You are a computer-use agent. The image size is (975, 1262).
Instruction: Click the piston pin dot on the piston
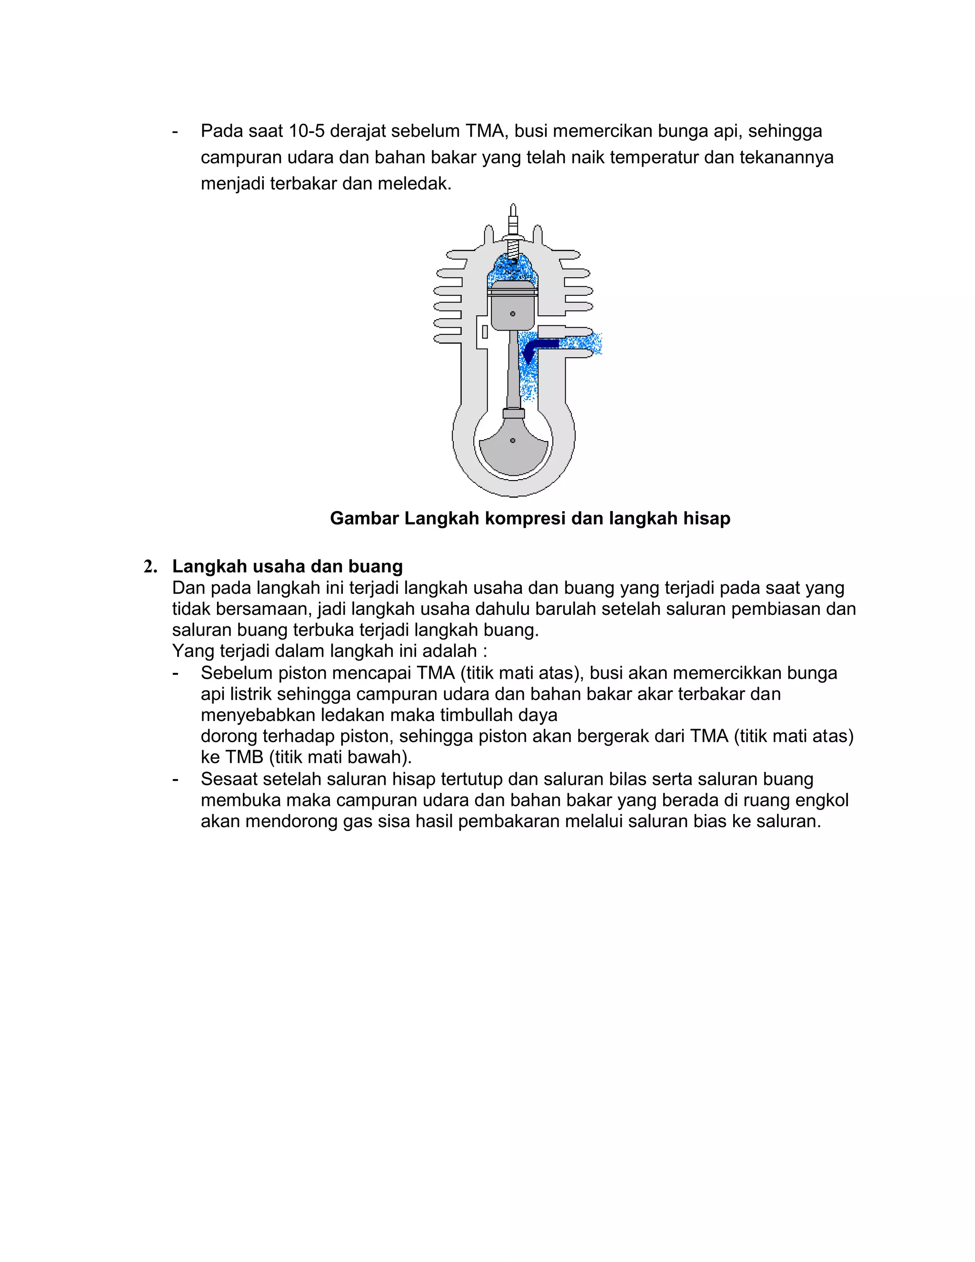point(512,314)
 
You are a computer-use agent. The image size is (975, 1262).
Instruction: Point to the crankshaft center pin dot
point(512,441)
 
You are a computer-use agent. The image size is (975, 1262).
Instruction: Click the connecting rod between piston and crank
point(513,370)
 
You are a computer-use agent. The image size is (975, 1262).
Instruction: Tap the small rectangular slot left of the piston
point(485,331)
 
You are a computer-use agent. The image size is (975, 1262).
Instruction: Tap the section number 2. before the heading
point(151,567)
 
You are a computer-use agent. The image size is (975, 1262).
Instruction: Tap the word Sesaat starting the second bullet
point(229,779)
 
